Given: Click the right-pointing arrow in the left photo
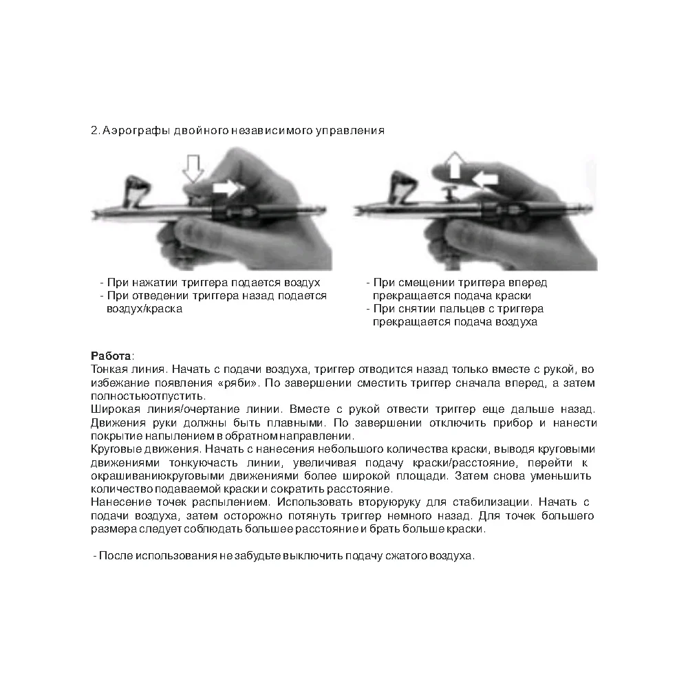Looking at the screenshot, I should pyautogui.click(x=228, y=187).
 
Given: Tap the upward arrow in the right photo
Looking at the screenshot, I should pyautogui.click(x=452, y=167).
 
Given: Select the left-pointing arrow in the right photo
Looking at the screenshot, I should pyautogui.click(x=485, y=180).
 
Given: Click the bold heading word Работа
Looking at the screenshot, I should pyautogui.click(x=111, y=356).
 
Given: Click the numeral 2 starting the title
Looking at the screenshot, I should pyautogui.click(x=94, y=130).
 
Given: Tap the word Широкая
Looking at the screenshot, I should pyautogui.click(x=113, y=409).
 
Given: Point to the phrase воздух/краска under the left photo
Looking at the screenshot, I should pyautogui.click(x=144, y=309).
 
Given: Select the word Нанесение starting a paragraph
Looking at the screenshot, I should pyautogui.click(x=116, y=502).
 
